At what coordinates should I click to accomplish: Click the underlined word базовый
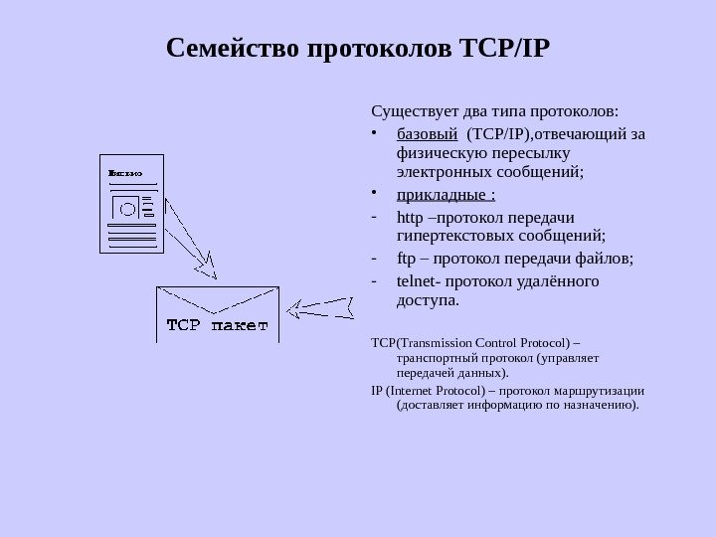(x=427, y=134)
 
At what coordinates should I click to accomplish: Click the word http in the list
(x=408, y=217)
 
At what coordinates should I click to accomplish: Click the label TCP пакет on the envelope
(x=217, y=325)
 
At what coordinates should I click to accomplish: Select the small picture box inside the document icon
(x=125, y=208)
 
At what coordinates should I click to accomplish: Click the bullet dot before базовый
(x=373, y=133)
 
